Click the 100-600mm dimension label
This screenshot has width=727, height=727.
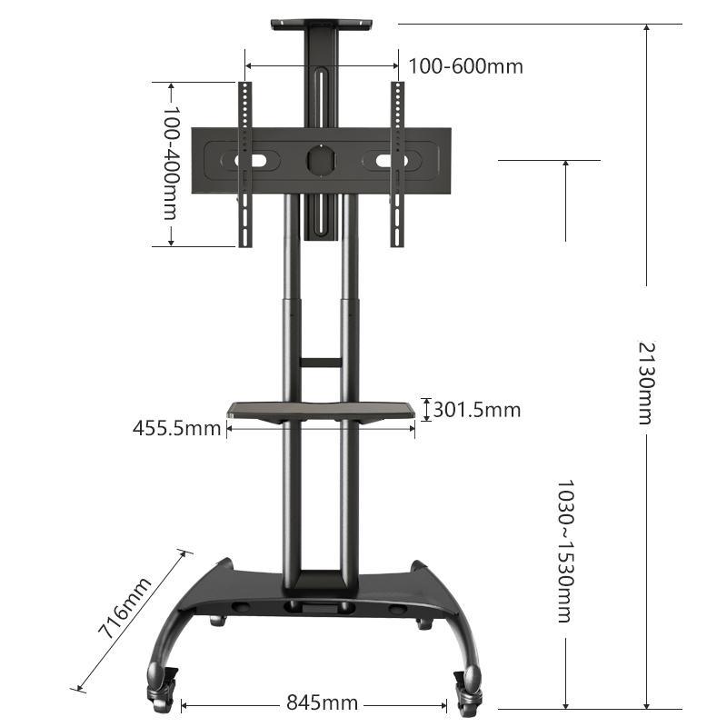tap(465, 66)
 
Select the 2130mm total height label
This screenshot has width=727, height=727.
tap(645, 383)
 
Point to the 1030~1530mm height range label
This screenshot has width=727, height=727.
tap(564, 551)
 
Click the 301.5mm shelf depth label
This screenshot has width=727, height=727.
tap(477, 410)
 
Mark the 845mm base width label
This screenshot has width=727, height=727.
tap(322, 702)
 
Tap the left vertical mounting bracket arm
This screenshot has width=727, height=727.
tap(244, 164)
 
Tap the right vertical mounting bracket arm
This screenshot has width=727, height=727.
tap(396, 164)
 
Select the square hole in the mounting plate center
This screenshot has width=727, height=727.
tap(320, 160)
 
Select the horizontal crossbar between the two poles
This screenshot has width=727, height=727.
tap(321, 363)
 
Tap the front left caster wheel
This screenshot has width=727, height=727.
tap(160, 686)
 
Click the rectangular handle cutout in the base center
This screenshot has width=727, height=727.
tap(318, 603)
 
